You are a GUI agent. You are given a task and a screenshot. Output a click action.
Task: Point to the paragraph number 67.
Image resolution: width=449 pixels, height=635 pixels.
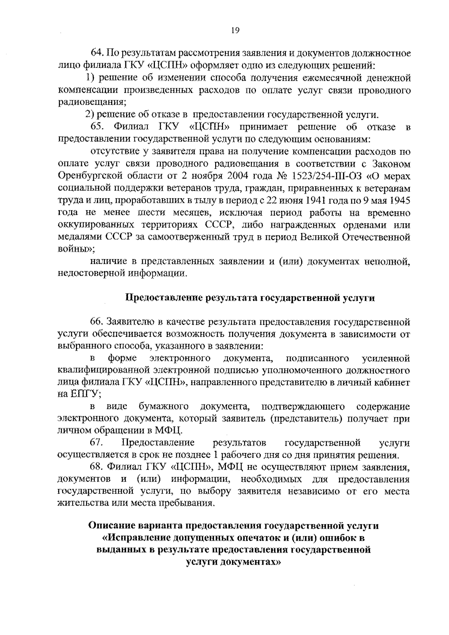pos(97,443)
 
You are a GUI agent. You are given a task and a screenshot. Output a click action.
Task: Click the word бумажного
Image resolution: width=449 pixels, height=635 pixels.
pos(163,406)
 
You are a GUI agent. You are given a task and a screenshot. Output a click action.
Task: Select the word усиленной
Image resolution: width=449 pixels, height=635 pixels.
pos(386,358)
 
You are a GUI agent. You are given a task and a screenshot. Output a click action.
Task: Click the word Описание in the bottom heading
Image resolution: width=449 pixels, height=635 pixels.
pos(111,526)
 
